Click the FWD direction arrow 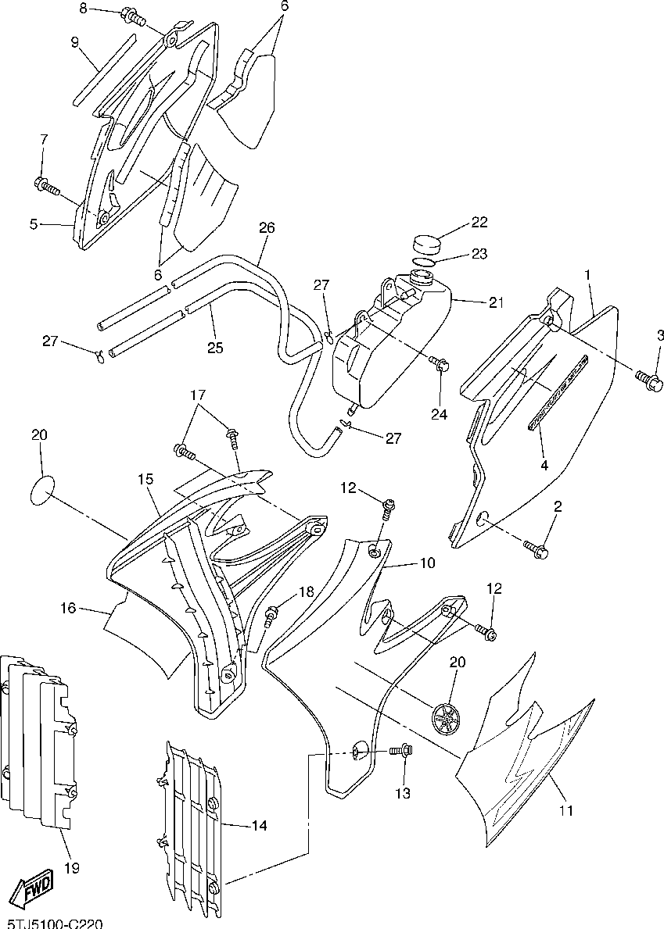point(34,888)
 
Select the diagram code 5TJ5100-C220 point(52,924)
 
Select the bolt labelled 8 point(134,17)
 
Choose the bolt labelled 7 point(48,187)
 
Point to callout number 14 point(259,825)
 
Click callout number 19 point(72,869)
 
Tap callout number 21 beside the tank point(496,302)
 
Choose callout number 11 point(566,810)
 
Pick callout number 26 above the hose point(267,227)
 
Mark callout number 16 point(68,607)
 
